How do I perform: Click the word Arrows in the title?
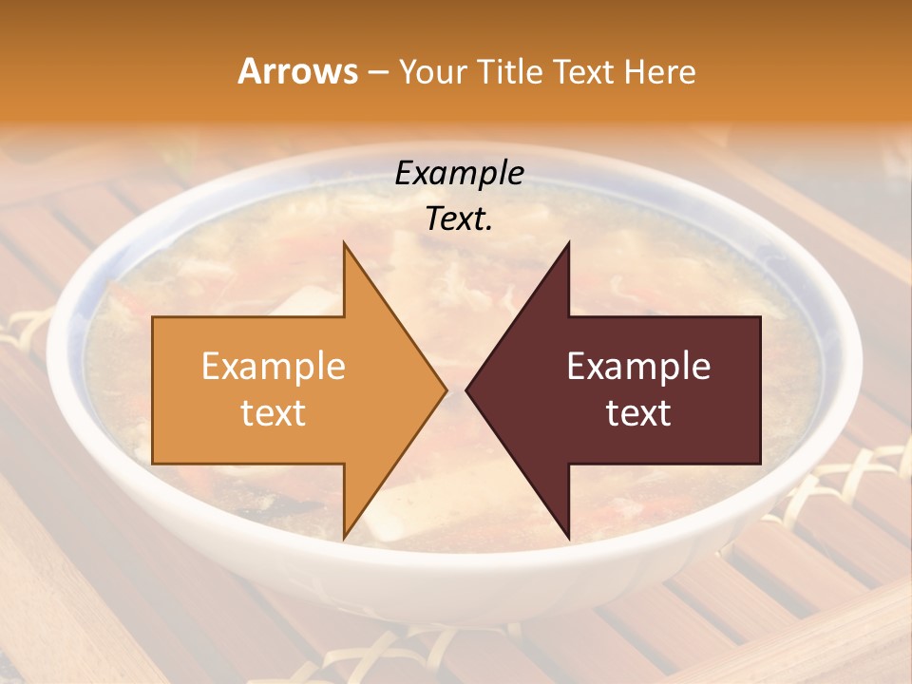tap(298, 71)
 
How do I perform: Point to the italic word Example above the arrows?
tap(460, 173)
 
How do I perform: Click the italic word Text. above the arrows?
tap(460, 218)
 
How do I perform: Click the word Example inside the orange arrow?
tap(274, 366)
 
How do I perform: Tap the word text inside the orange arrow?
tap(274, 413)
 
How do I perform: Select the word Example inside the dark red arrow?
tap(638, 366)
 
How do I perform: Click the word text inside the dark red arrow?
tap(638, 413)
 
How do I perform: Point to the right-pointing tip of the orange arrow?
tap(447, 390)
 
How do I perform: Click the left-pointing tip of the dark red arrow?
tap(465, 390)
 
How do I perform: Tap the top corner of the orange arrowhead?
tap(344, 242)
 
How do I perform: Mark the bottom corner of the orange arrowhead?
tap(344, 539)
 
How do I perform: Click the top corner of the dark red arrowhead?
tap(568, 242)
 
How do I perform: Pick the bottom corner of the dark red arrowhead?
tap(568, 539)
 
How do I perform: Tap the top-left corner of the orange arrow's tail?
tap(153, 317)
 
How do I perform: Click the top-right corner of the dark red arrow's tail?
tap(760, 317)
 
